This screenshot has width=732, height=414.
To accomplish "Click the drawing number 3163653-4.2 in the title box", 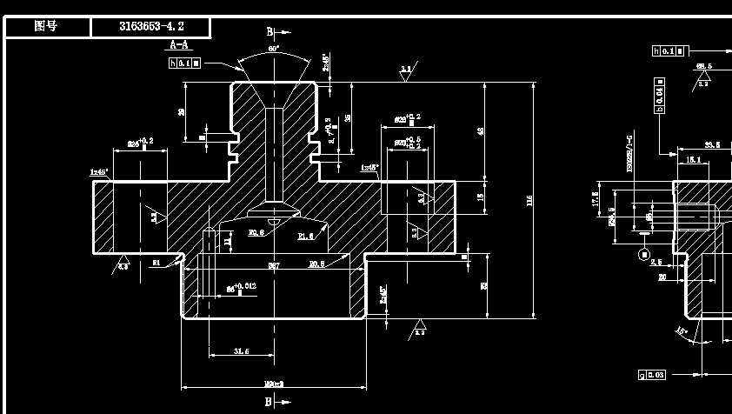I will point(151,27).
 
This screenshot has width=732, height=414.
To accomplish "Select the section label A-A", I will point(178,44).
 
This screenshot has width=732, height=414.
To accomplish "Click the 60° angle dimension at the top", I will point(274,50).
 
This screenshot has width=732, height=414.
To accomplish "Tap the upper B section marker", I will point(270,32).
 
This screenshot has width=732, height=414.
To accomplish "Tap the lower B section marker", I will point(270,401).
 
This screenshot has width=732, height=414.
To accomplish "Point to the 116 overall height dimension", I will point(529,201).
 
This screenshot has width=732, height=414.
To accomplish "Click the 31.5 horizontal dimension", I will point(243,351).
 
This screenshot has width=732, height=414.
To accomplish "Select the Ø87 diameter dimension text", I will point(273,264).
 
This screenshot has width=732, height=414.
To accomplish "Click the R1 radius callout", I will point(156,261).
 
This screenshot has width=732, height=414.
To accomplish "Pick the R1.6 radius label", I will point(306,236).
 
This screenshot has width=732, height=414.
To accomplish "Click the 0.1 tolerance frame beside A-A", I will point(184,63).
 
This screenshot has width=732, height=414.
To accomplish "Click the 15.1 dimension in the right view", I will point(693,159).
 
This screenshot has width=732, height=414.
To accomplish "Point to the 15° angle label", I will point(682,331).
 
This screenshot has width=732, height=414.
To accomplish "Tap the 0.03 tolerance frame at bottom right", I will point(652,375).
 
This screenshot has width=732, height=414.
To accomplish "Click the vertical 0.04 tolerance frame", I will point(659,95).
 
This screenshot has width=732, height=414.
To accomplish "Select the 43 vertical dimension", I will point(482,131).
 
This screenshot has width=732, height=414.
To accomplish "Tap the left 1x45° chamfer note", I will point(98,172).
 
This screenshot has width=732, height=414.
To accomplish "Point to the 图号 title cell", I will point(46,27).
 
